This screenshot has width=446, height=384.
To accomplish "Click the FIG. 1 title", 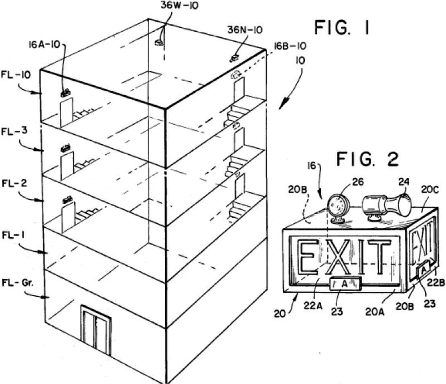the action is [342, 28].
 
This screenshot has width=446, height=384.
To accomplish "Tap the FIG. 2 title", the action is [367, 160].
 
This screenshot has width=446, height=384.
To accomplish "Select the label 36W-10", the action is [180, 6].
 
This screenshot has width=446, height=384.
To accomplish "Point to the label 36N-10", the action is [245, 30].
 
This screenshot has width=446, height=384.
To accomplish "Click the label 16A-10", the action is [44, 45].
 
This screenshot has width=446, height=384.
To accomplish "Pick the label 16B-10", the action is [290, 46].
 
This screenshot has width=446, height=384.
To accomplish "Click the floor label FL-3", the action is [14, 132].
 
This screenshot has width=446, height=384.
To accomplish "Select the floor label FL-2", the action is [14, 183].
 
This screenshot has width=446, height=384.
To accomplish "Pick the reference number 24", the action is [404, 182].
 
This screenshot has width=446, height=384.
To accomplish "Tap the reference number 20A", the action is [375, 311].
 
